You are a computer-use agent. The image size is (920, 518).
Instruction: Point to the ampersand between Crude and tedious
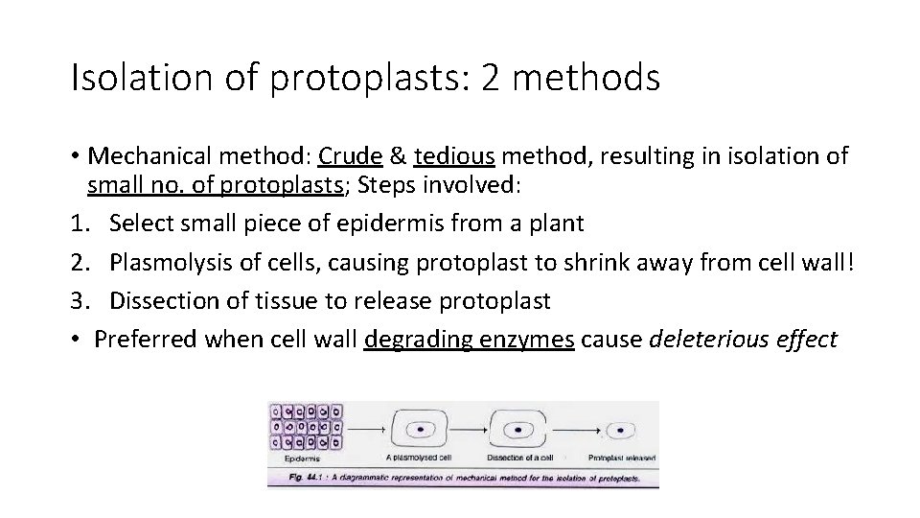click(399, 156)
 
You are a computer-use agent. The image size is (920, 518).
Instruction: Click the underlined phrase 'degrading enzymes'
click(470, 339)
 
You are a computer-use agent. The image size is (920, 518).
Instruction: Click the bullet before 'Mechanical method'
click(75, 156)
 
